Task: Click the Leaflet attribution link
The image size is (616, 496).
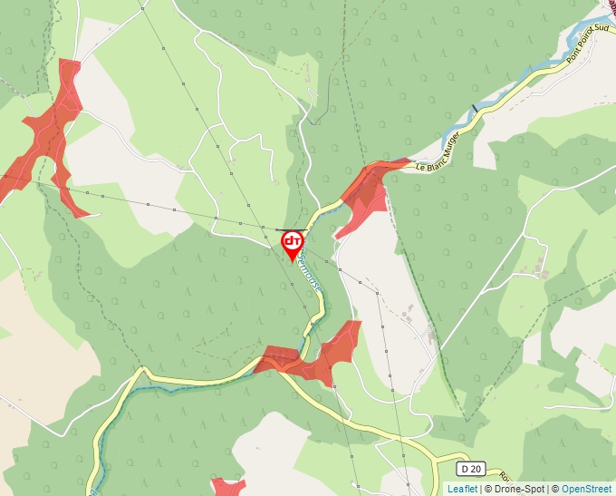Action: point(462,489)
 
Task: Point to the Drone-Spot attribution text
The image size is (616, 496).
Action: point(517,489)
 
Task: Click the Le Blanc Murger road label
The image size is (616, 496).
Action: point(438,151)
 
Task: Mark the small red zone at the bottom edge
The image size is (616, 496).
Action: point(228,488)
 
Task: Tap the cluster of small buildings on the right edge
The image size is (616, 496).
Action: point(541,267)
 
